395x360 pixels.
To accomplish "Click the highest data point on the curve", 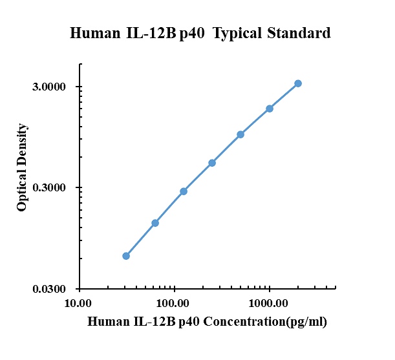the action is coord(298,83).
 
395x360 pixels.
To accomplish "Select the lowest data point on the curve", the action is coord(126,256).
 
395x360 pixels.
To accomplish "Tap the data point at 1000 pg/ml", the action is coord(270,109).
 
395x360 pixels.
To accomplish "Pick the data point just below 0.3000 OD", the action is coord(184,191).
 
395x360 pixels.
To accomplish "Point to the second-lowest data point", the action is coord(155,223).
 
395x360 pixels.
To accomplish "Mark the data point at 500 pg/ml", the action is coord(240,134).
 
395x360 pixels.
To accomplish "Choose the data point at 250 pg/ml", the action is coord(212,163).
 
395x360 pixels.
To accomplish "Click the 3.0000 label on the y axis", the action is coord(49,87).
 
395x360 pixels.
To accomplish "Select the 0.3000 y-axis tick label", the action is coord(49,187).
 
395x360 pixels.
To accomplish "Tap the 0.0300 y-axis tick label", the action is coord(49,289).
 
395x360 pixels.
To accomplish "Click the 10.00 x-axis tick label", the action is coord(78,303).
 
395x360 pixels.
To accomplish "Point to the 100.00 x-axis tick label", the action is coord(173,303).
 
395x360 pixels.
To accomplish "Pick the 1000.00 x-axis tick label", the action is coord(268,303).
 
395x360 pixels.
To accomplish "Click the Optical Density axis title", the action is coord(22,167).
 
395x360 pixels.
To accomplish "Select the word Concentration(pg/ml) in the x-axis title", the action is coord(265,322).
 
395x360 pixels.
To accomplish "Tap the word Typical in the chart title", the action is coord(237,34).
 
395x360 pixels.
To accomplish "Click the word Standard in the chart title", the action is coord(299,33).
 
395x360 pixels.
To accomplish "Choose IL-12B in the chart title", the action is coord(151,33).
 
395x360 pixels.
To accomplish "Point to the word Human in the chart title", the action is coord(95,33).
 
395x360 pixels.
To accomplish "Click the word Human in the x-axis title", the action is coord(108,321).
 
